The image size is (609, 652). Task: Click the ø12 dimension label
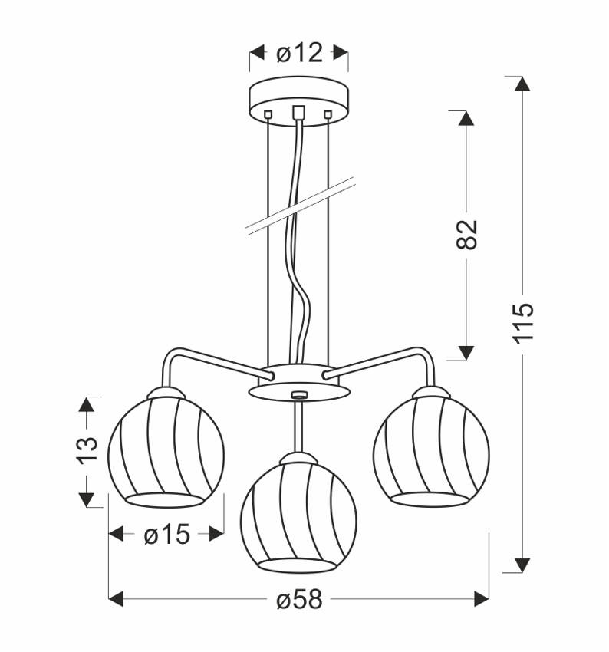click(x=299, y=53)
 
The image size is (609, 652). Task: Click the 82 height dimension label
click(x=467, y=234)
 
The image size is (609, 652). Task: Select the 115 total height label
click(x=522, y=322)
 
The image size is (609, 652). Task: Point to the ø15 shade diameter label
click(x=166, y=535)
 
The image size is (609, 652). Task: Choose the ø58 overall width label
click(x=299, y=599)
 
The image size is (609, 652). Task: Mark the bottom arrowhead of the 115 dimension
click(x=522, y=565)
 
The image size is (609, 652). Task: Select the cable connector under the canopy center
click(x=299, y=112)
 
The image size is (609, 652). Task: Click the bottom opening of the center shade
click(x=298, y=565)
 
